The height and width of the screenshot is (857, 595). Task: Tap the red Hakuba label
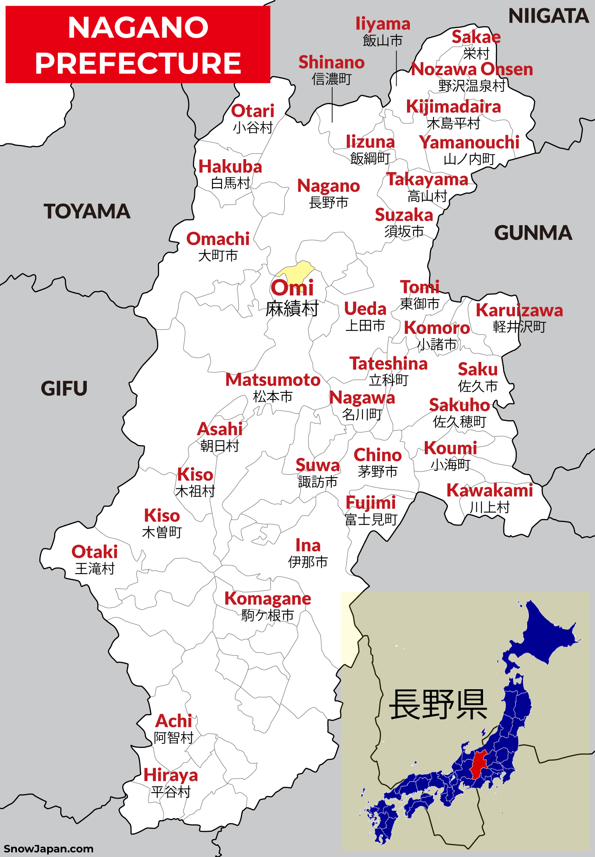[x=230, y=167]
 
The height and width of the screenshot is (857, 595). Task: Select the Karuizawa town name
[x=519, y=310]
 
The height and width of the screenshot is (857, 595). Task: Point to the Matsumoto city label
[x=273, y=380]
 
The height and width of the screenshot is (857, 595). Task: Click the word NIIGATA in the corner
[x=548, y=17]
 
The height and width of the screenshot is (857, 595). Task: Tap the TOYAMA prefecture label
[x=87, y=212]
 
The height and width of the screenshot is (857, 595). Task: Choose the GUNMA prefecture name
[x=533, y=233]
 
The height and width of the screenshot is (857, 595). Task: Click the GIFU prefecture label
[x=64, y=389]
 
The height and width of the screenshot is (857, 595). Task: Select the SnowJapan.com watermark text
[x=48, y=849]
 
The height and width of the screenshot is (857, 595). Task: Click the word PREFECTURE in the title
[x=138, y=63]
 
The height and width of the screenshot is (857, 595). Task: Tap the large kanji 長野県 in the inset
[x=438, y=705]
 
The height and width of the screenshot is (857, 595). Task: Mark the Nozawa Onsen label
[x=472, y=69]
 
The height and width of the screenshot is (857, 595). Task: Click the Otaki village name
[x=95, y=552]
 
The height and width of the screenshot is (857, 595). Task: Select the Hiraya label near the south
[x=171, y=775]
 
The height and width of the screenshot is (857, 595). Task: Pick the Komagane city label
[x=268, y=599]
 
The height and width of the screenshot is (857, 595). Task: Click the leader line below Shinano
[x=332, y=105]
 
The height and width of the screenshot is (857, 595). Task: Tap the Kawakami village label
[x=490, y=490]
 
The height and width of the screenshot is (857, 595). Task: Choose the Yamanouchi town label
[x=469, y=143]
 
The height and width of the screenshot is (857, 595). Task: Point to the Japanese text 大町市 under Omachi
[x=218, y=256]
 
